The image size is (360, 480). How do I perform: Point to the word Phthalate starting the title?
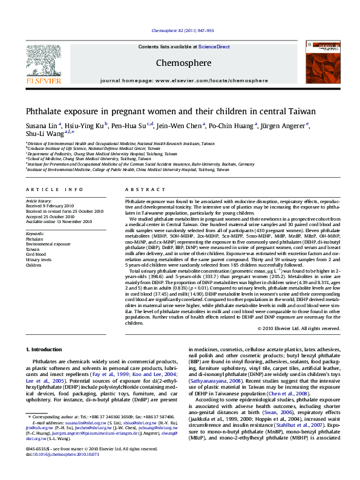point(44,112)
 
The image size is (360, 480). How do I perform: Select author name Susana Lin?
point(42,126)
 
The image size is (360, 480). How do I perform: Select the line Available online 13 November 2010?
point(58,221)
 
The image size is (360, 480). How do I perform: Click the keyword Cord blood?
point(36,255)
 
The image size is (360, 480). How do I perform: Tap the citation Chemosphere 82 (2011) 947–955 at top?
point(180,30)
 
